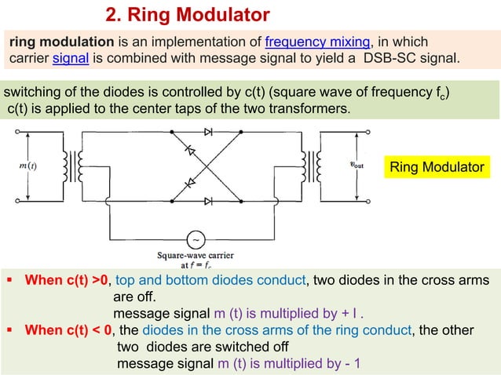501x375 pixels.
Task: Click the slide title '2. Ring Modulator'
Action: coord(187,15)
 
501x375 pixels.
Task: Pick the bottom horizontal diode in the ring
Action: coord(207,200)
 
